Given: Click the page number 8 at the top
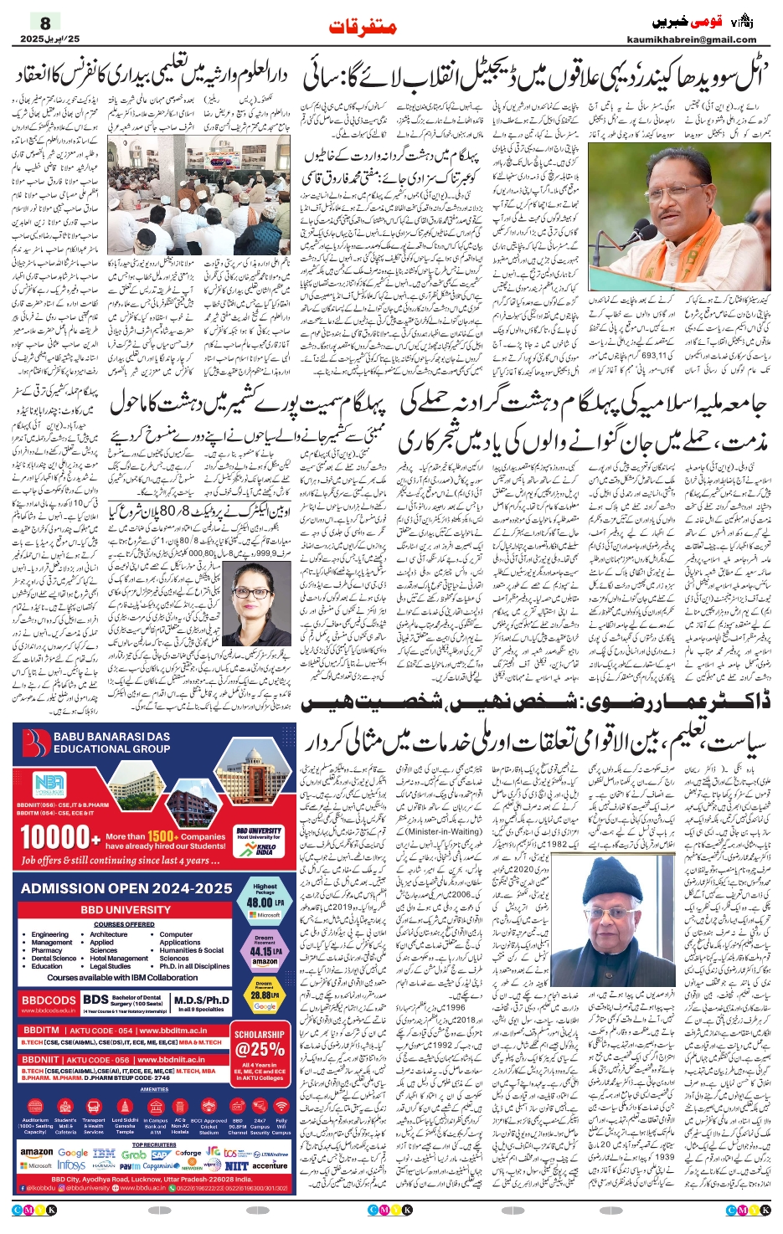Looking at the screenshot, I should tap(45, 23).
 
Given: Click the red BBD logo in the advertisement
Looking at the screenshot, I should tap(37, 743).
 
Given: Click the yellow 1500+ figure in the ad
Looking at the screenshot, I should tap(162, 836).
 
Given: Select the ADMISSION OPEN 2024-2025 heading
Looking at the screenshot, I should tap(126, 888).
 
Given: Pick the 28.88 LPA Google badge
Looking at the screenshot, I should tap(265, 996).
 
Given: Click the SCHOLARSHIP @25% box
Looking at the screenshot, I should tap(260, 1043).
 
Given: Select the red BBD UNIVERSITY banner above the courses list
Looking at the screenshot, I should tap(126, 909).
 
